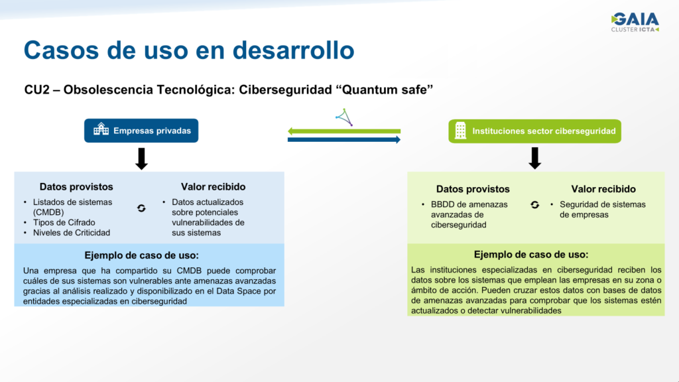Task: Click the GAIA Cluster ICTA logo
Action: tap(635, 22)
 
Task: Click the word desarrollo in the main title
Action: tap(294, 50)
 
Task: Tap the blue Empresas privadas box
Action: tap(141, 131)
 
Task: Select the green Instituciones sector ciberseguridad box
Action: tap(535, 131)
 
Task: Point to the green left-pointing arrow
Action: tap(344, 131)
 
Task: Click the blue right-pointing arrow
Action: tap(344, 139)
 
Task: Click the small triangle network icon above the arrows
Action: tap(344, 117)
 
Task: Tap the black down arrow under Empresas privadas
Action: tap(142, 159)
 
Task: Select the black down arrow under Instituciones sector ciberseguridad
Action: tap(535, 158)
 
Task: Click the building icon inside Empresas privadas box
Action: tap(101, 129)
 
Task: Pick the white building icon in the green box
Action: tap(461, 131)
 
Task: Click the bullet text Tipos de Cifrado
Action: tap(64, 223)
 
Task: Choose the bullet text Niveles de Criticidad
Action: tap(72, 233)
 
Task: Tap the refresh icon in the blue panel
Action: tap(141, 208)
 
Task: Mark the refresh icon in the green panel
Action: tap(535, 205)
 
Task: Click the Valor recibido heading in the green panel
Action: tap(603, 189)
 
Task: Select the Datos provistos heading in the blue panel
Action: tap(76, 186)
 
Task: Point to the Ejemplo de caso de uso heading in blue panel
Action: tap(142, 255)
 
